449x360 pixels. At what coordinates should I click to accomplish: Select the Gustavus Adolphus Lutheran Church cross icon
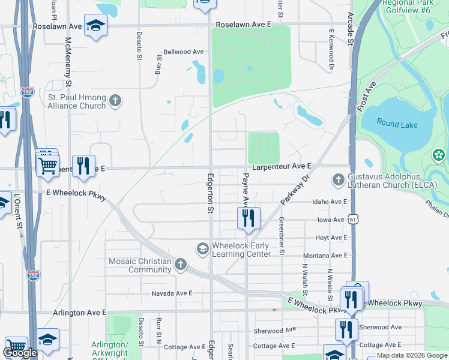(339, 179)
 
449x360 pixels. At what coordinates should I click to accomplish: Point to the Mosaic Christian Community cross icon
(181, 265)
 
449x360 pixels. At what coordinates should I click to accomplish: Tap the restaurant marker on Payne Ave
(249, 218)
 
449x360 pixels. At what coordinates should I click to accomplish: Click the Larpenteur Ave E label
(282, 166)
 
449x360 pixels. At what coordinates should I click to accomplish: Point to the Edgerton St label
(211, 193)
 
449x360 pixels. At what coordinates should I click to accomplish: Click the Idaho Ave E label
(330, 202)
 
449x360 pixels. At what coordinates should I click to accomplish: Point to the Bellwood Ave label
(184, 52)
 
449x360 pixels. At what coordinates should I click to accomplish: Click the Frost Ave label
(366, 97)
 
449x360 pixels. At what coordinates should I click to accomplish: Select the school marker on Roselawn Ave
(95, 26)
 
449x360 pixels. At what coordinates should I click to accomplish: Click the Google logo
(20, 353)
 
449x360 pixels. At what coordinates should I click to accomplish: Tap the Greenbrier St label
(281, 236)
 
